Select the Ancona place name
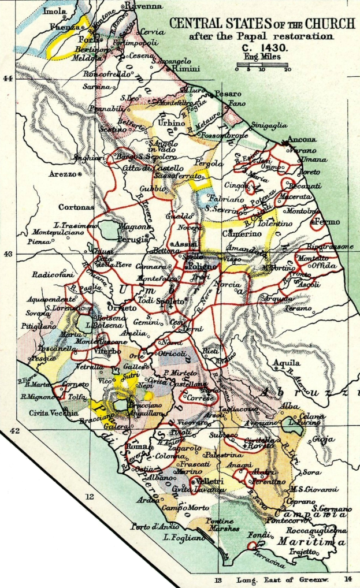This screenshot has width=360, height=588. pyautogui.click(x=304, y=140)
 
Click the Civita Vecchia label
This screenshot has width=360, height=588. pyautogui.click(x=51, y=412)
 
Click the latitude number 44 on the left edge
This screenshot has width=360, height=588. pyautogui.click(x=8, y=79)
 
